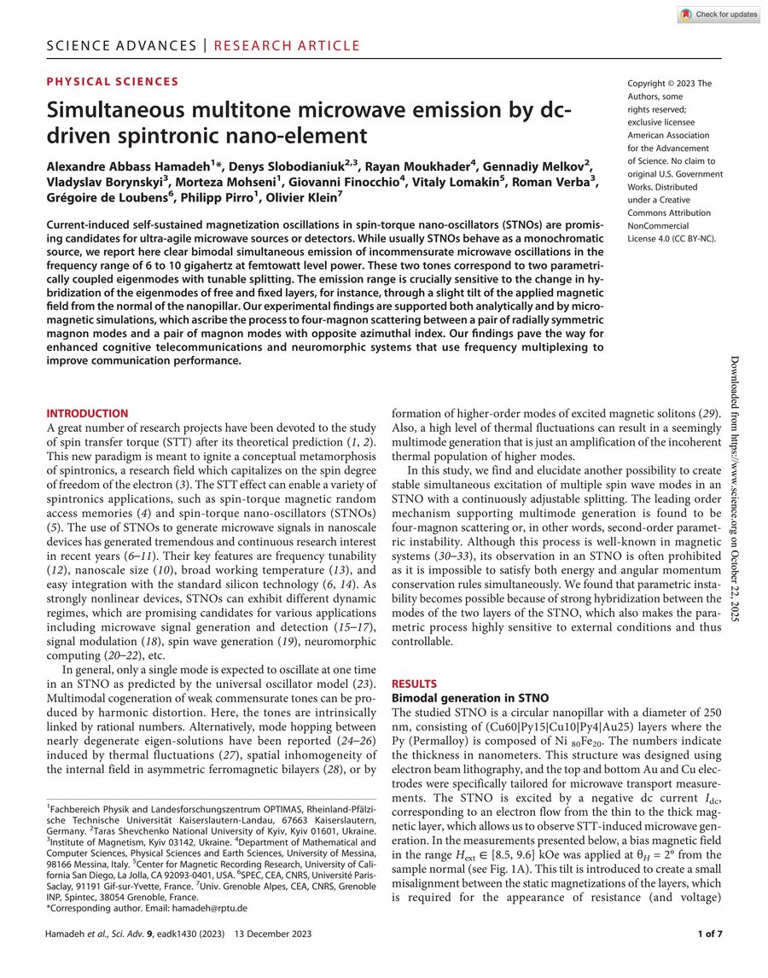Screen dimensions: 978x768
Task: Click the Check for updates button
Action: [x=719, y=15]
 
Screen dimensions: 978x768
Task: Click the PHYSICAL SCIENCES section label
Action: [x=113, y=82]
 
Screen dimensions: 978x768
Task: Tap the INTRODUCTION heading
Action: [x=87, y=413]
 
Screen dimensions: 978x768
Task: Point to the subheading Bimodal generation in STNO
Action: [x=464, y=698]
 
